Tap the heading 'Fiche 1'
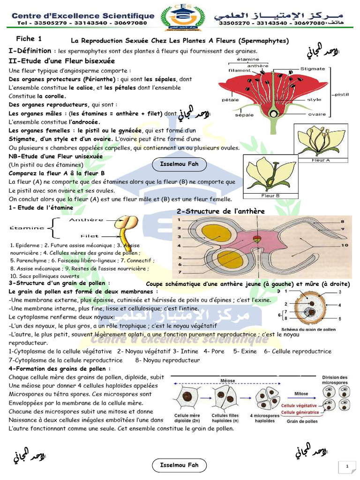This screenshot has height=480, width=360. [29, 38]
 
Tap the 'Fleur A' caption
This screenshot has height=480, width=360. [321, 160]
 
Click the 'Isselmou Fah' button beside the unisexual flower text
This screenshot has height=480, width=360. [180, 165]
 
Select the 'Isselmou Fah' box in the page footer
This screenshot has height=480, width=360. [180, 465]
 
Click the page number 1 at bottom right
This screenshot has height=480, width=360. [347, 466]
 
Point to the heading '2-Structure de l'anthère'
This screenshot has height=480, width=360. [220, 211]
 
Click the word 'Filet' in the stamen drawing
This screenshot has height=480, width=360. [90, 236]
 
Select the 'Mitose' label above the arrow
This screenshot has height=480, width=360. [301, 394]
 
